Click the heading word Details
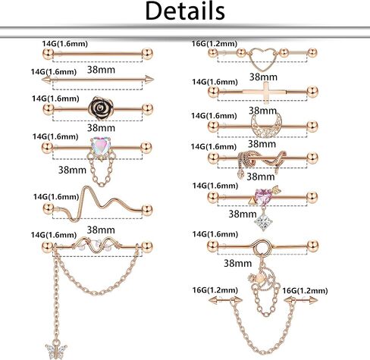pyautogui.click(x=185, y=11)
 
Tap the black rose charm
pyautogui.click(x=101, y=108)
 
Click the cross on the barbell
pyautogui.click(x=265, y=92)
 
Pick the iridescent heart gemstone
pyautogui.click(x=100, y=146)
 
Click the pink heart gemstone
pyautogui.click(x=263, y=196)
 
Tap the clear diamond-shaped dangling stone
pyautogui.click(x=264, y=222)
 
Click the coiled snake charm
pyautogui.click(x=262, y=161)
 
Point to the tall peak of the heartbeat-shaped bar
pyautogui.click(x=86, y=188)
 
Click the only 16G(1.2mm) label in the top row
pyautogui.click(x=214, y=44)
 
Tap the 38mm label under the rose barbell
pyautogui.click(x=101, y=128)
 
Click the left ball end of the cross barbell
pyautogui.click(x=214, y=92)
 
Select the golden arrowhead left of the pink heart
pyautogui.click(x=252, y=201)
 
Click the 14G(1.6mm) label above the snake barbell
pyautogui.click(x=214, y=146)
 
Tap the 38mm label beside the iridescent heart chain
pyautogui.click(x=72, y=170)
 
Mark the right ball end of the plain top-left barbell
pyautogui.click(x=148, y=54)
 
